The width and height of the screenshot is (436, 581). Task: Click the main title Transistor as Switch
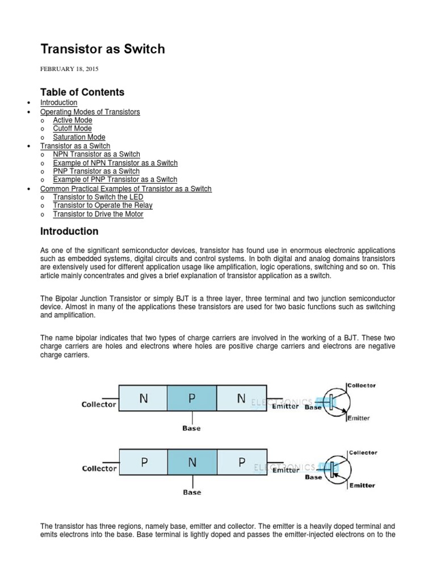[102, 49]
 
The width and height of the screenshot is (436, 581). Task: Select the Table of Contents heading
[82, 92]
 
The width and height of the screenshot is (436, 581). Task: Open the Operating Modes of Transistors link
[90, 112]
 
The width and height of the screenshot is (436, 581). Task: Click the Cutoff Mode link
[72, 129]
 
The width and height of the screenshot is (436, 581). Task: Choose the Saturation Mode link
[79, 137]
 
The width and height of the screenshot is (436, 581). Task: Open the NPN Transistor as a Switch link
[97, 154]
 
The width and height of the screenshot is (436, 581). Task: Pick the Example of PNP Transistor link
[115, 180]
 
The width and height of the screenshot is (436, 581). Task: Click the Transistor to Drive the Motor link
[98, 214]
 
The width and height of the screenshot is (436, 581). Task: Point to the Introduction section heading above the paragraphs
[69, 231]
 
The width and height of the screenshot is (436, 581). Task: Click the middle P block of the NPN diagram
[192, 398]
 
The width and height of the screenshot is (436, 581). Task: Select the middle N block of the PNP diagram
[192, 462]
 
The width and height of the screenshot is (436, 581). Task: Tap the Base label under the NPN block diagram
[192, 428]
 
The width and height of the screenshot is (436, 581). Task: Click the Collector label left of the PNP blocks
[99, 469]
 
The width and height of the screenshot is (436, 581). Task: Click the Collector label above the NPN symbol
[361, 386]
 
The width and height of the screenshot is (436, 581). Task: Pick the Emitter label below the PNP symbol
[362, 486]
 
